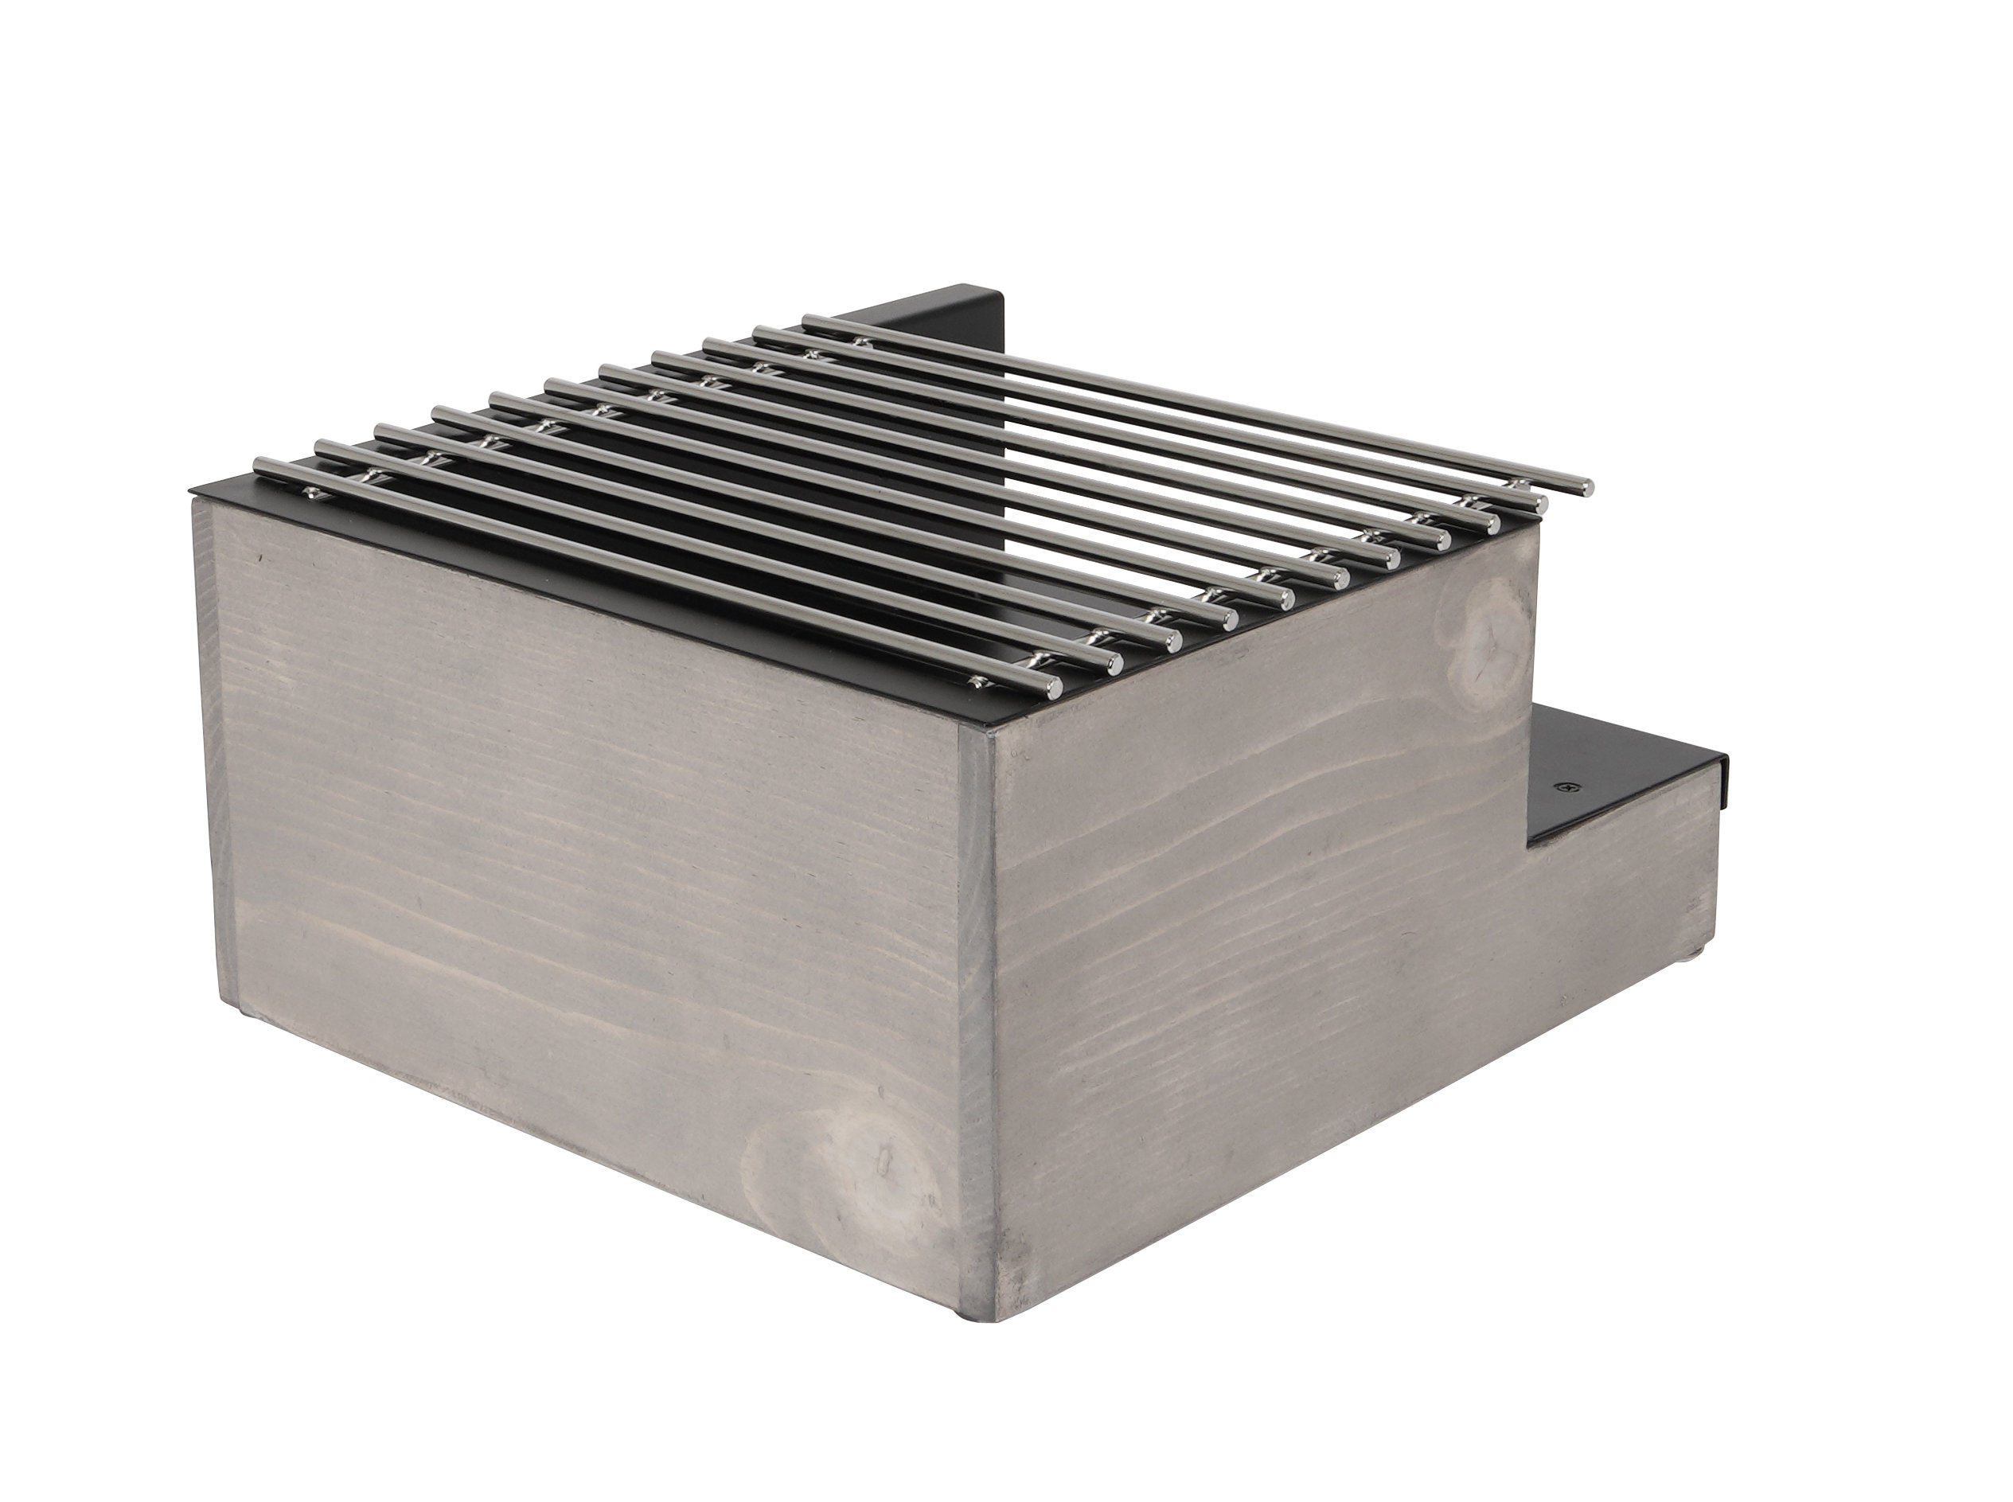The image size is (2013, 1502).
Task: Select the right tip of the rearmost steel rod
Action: point(1586,486)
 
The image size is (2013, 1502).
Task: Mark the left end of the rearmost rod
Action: point(807,320)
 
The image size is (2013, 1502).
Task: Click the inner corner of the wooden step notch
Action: point(1529,849)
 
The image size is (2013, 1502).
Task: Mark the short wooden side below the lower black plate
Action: point(1618,909)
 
